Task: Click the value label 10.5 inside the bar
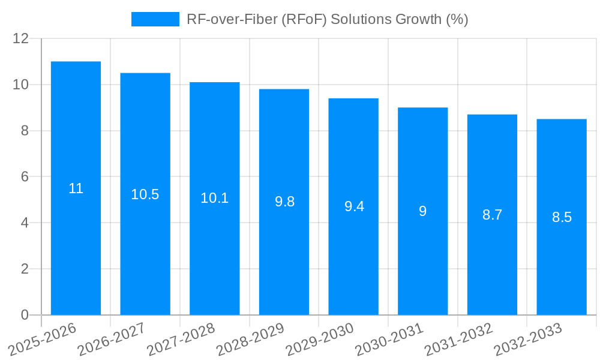pyautogui.click(x=145, y=194)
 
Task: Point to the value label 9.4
pyautogui.click(x=354, y=206)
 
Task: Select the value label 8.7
pyautogui.click(x=492, y=215)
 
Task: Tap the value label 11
pyautogui.click(x=76, y=188)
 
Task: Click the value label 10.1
pyautogui.click(x=214, y=198)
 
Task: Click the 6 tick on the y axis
pyautogui.click(x=25, y=177)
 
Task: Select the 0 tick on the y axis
pyautogui.click(x=25, y=315)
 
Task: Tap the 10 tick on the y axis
pyautogui.click(x=20, y=85)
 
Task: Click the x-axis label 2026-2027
pyautogui.click(x=107, y=339)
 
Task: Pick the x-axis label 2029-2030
pyautogui.click(x=316, y=339)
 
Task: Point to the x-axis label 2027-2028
pyautogui.click(x=177, y=339)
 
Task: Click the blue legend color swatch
pyautogui.click(x=155, y=19)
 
